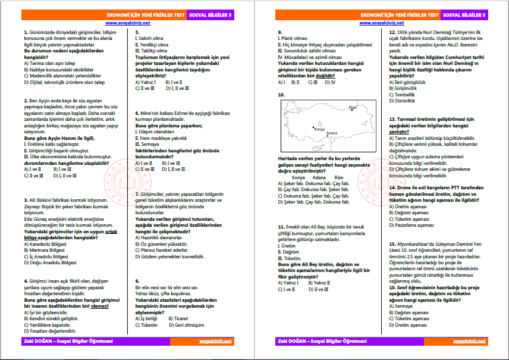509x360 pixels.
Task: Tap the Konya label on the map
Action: tap(319, 129)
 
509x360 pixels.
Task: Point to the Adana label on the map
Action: tap(332, 133)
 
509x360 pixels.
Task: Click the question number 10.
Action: tap(281, 95)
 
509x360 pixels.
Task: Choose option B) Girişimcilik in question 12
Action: tap(408, 88)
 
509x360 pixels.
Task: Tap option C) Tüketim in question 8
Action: tap(146, 325)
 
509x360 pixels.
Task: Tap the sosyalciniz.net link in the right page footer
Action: tap(469, 341)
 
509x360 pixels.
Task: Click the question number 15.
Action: tap(392, 244)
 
